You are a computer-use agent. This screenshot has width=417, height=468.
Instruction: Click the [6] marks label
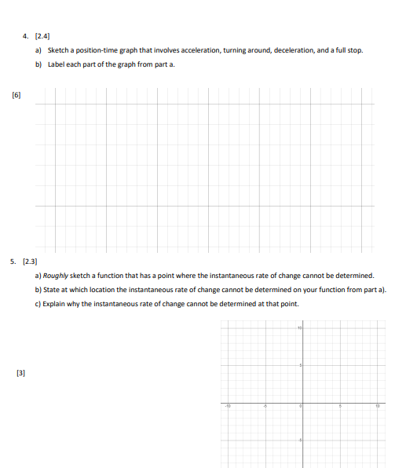16,93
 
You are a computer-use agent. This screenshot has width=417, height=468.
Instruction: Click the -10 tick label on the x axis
226,406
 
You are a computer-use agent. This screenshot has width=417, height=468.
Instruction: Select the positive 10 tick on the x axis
377,406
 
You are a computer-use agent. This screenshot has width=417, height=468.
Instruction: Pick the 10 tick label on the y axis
299,327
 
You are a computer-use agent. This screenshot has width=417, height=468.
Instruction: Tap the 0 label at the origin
301,406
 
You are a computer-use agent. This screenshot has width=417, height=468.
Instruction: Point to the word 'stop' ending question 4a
355,50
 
